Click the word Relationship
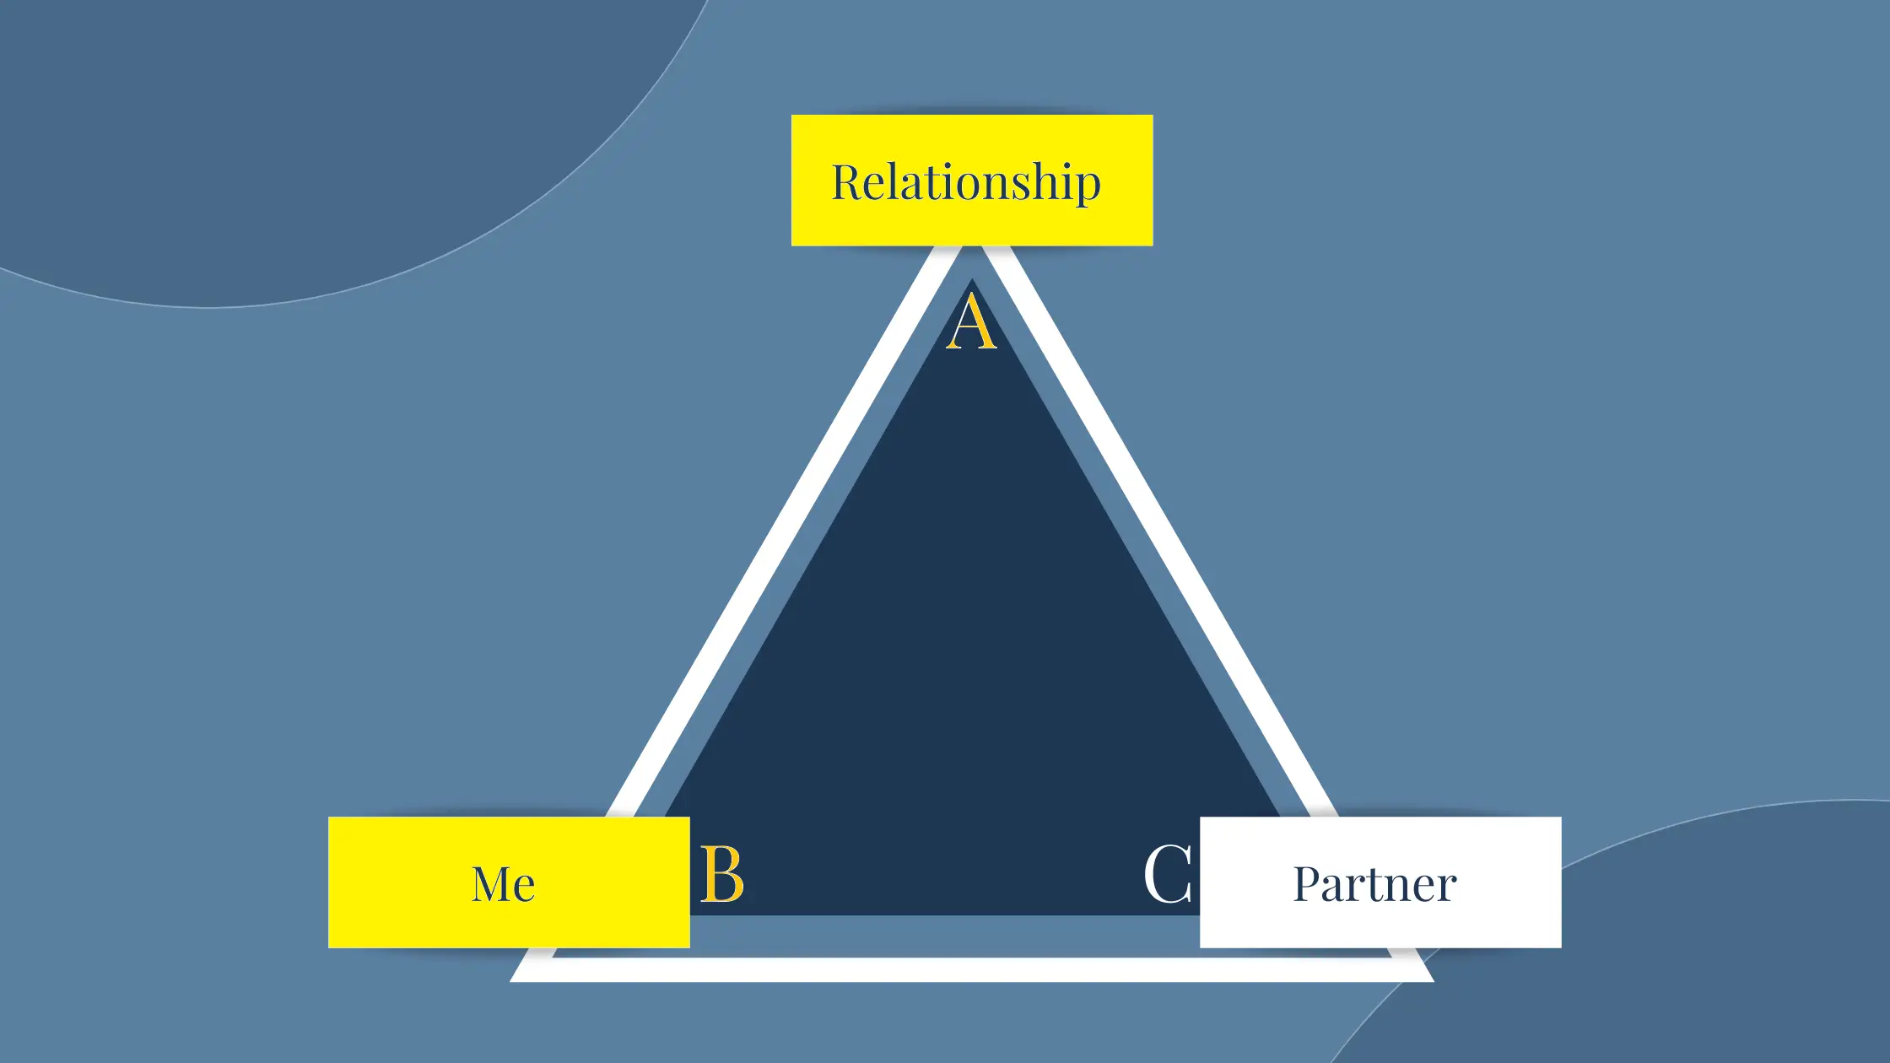(x=966, y=182)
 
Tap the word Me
(x=503, y=884)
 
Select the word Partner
(x=1375, y=884)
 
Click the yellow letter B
(x=722, y=875)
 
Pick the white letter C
(x=1169, y=875)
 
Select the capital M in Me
(x=489, y=884)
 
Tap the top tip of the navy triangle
(x=972, y=279)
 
